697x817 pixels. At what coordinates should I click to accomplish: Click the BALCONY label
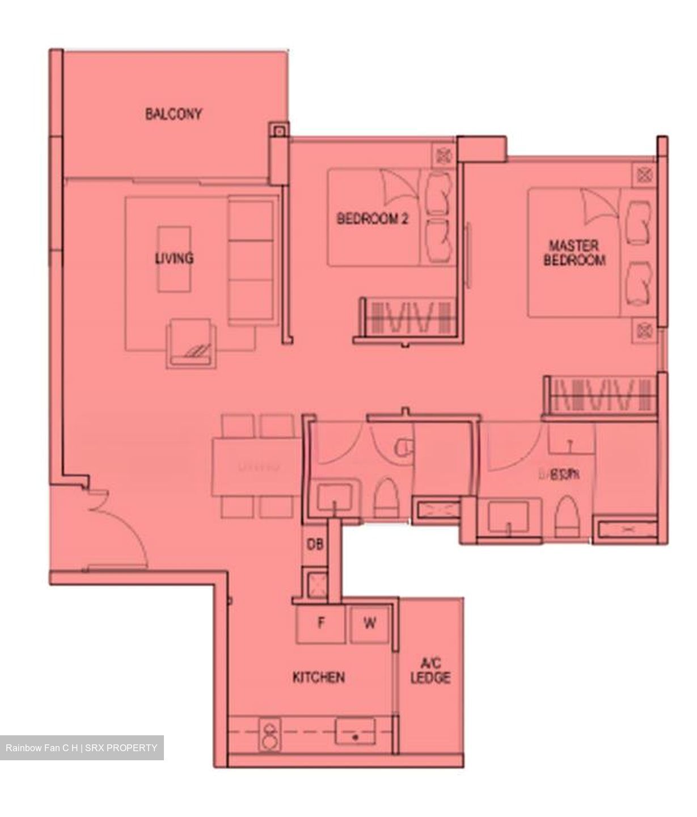coord(173,114)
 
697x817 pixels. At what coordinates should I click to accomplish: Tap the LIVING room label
coord(174,258)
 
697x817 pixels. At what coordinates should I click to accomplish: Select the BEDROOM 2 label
coord(373,218)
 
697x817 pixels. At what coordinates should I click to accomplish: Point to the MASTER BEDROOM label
coord(574,253)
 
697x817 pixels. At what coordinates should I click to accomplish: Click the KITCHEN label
coord(318,677)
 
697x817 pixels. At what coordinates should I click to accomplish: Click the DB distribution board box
coord(315,545)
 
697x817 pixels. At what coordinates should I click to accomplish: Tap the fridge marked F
coord(321,624)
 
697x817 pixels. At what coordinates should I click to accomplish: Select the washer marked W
coord(369,624)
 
